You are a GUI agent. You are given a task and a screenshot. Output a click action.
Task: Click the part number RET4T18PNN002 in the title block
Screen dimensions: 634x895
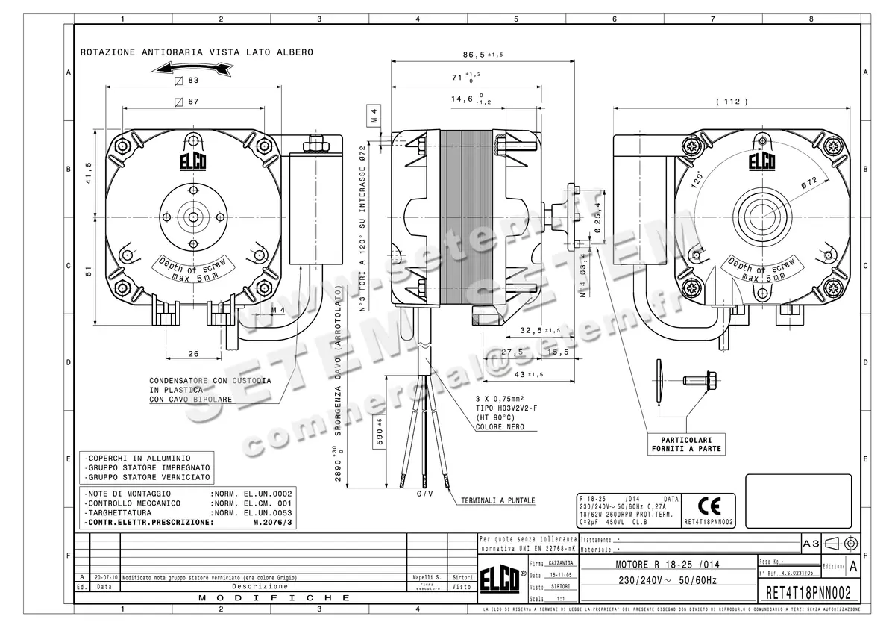tap(808, 594)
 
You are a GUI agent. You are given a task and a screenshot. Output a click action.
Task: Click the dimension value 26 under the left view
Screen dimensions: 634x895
tap(193, 353)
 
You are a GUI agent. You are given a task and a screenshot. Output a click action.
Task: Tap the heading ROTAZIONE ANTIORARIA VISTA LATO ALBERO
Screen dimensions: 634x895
tap(196, 52)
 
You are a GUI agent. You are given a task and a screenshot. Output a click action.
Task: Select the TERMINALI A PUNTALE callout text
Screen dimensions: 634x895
tap(497, 500)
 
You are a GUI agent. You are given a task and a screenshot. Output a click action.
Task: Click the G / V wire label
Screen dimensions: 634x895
tap(424, 494)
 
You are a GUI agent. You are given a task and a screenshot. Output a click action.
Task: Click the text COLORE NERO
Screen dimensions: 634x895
tap(499, 427)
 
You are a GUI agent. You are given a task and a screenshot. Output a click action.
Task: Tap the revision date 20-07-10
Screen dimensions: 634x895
tap(104, 578)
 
